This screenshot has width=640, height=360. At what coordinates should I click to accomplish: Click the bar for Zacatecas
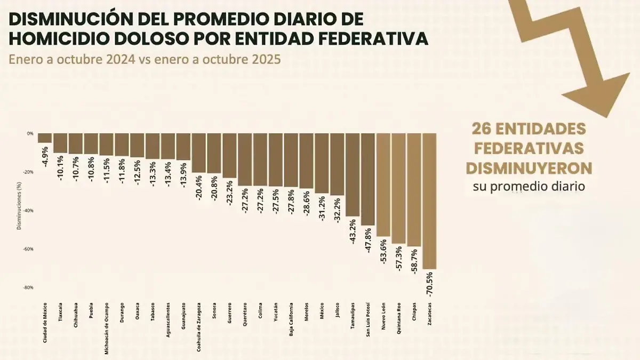tap(429, 201)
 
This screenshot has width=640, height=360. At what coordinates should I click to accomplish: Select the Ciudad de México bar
tap(45, 138)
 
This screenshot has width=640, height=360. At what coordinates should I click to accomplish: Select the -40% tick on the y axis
tap(30, 211)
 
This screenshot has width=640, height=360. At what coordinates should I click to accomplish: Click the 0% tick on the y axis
tap(31, 133)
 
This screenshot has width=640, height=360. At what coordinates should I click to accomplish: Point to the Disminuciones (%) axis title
tap(19, 206)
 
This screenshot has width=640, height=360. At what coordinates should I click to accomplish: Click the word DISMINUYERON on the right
tap(529, 168)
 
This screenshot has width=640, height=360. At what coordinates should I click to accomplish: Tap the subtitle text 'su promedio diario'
tap(529, 187)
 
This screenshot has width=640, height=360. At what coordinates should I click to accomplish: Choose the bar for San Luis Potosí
tap(368, 179)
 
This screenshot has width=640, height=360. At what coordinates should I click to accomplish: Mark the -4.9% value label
tap(45, 156)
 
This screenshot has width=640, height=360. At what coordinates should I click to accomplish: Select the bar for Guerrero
tap(229, 155)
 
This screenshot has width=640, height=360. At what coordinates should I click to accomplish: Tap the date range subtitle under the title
tap(144, 59)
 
